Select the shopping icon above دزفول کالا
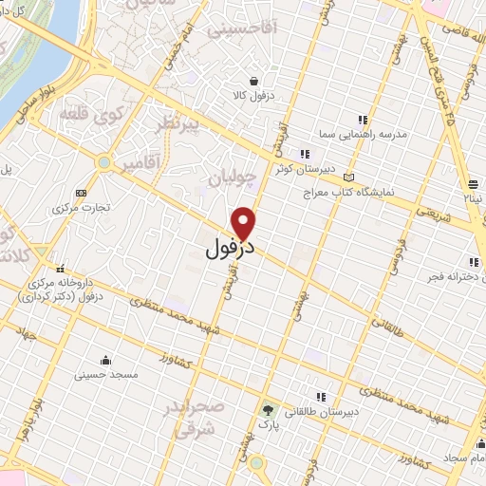253,82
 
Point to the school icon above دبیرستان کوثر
304,154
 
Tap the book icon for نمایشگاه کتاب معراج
349,178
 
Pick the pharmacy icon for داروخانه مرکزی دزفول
60,268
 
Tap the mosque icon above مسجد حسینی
105,361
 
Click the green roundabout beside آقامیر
103,162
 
